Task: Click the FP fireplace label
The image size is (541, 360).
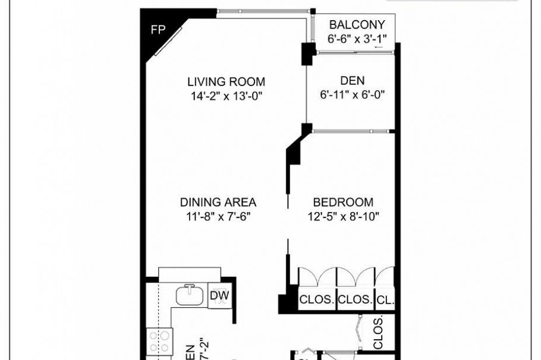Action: coord(158,30)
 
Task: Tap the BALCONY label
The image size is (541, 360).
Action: coord(357,25)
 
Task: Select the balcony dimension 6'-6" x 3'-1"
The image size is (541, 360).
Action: coord(357,39)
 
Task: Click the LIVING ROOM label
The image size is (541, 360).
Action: coord(226,82)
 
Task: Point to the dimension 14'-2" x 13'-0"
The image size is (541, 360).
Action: coord(226,96)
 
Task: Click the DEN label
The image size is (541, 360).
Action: coord(353,81)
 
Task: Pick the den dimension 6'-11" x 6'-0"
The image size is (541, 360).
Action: coord(353,94)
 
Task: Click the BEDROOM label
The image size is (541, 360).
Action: coord(343,202)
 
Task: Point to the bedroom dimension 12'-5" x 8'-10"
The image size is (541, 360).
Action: coord(343,216)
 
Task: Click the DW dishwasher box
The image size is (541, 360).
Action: coord(220,296)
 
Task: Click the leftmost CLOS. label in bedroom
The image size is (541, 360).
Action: coord(316,300)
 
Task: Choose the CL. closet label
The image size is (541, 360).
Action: coord(385,300)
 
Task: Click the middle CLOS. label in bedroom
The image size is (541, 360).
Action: coord(355,300)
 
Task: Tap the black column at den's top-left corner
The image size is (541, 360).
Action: coord(308,53)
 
